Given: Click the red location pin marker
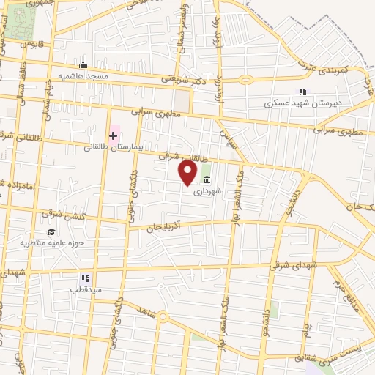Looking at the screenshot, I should click(x=188, y=173).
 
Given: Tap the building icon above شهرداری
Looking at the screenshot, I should click(x=207, y=179).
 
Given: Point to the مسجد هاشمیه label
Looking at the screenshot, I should click(x=84, y=76).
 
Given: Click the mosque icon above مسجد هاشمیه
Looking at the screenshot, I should click(x=83, y=65).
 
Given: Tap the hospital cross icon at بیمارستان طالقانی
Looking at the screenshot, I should click(x=114, y=135).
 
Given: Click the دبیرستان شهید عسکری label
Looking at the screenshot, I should click(x=302, y=104).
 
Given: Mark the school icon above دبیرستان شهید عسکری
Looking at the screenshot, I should click(x=301, y=92).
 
